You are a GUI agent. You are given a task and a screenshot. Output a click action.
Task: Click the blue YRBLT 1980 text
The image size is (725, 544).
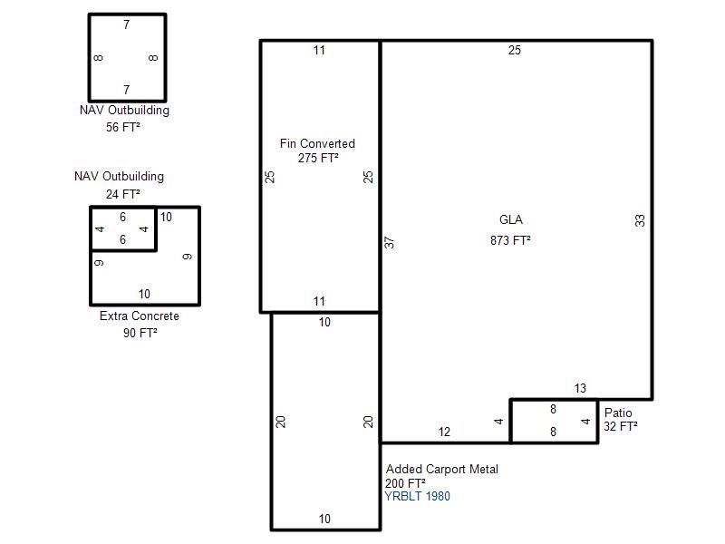click(x=417, y=496)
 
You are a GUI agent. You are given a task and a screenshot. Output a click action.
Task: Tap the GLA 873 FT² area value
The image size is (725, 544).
click(x=510, y=240)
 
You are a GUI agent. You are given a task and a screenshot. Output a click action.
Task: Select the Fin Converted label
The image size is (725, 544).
click(x=317, y=143)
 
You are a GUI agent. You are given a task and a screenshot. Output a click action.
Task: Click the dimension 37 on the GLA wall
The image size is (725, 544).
click(x=390, y=242)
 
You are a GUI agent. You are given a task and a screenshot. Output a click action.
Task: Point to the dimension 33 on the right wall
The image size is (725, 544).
click(x=640, y=220)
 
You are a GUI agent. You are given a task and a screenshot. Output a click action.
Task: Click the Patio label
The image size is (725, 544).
click(x=618, y=413)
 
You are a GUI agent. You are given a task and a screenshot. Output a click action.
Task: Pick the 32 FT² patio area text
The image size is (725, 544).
click(x=621, y=426)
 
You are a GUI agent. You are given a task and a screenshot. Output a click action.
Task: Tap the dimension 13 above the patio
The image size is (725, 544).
click(x=580, y=388)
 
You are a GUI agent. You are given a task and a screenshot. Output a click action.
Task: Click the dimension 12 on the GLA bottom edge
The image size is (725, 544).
click(x=444, y=432)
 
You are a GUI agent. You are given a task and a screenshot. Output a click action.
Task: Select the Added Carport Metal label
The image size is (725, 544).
click(x=442, y=469)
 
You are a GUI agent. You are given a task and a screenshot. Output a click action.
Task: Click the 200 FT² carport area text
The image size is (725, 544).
click(x=405, y=483)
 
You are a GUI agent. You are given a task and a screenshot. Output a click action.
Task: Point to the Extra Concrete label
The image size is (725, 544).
click(x=140, y=316)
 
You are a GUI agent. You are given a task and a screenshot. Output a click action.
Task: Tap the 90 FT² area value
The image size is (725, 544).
click(x=140, y=333)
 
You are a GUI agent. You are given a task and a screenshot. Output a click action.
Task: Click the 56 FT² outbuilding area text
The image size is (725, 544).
click(x=123, y=127)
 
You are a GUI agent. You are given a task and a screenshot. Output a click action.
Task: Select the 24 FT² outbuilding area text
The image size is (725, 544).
click(x=123, y=194)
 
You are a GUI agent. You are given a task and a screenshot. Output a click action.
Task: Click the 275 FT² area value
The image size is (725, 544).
click(x=318, y=158)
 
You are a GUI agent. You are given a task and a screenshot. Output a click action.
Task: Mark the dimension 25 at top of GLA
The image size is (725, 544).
click(x=515, y=50)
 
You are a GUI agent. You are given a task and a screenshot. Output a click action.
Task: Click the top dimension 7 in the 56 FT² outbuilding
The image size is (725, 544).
click(x=126, y=24)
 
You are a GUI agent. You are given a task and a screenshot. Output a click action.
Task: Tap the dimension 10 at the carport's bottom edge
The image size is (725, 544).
click(x=324, y=519)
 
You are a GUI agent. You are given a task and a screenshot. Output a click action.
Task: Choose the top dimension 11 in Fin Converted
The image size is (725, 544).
click(x=319, y=51)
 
